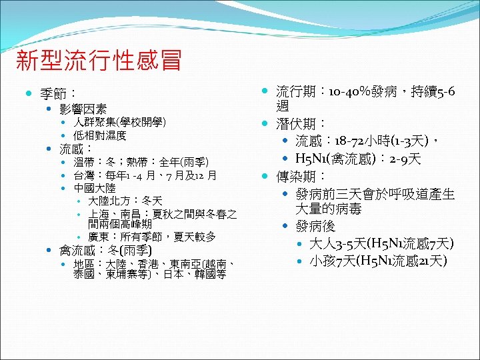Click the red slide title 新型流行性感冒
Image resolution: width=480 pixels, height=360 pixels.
coord(98,61)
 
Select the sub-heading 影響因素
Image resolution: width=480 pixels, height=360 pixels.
coord(83,108)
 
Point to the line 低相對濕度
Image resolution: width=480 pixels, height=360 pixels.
coord(100,135)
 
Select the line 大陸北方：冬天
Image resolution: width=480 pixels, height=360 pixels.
coord(125,201)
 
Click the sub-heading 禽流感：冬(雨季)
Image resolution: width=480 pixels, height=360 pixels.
coord(111,251)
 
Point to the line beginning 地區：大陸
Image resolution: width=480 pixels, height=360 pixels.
coord(154,265)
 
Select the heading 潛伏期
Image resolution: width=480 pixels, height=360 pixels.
coord(301,123)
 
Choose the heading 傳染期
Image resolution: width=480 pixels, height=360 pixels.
coord(301,177)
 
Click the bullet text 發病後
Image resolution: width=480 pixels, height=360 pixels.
coord(317,226)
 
